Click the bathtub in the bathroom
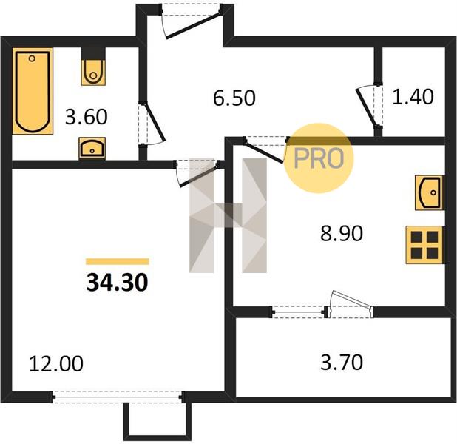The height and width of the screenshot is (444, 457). (x=33, y=91)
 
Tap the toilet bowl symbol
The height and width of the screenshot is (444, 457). (x=93, y=73)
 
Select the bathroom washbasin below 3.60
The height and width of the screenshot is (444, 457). (x=92, y=148)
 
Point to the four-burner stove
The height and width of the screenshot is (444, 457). (x=425, y=245)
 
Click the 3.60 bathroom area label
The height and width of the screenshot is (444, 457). (x=87, y=117)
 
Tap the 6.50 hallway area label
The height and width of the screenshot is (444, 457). (x=234, y=98)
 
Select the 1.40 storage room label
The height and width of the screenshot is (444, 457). (x=413, y=97)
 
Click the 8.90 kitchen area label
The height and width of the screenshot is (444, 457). (x=342, y=233)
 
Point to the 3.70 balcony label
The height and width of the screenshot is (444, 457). (x=342, y=363)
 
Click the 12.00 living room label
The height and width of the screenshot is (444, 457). (x=56, y=364)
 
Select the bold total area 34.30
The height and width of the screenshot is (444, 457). (x=118, y=283)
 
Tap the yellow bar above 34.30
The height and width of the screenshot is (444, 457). (x=118, y=261)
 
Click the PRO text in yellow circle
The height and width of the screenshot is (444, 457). (x=319, y=158)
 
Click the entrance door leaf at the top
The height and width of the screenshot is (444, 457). (x=193, y=25)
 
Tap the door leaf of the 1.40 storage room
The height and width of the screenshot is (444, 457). (x=366, y=108)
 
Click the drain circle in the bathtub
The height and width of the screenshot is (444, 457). (x=32, y=58)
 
